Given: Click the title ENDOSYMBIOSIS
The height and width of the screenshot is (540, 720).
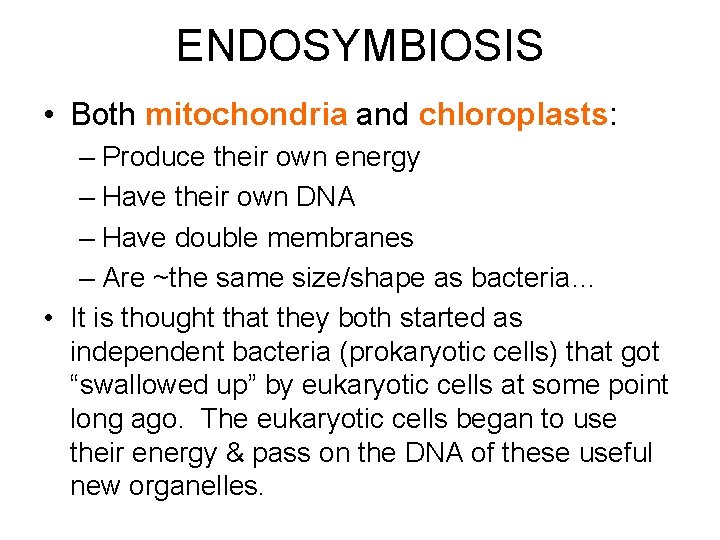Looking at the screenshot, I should pos(360,46).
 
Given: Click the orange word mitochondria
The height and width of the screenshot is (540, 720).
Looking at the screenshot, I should pos(245,115).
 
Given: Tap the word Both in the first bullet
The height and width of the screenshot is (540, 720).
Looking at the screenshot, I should pos(104,115).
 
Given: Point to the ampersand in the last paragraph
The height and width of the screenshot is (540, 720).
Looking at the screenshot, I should pos(234,453).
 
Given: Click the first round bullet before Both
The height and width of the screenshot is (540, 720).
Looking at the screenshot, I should pos(49,115).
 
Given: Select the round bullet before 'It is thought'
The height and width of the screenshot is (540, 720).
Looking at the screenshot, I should pos(49,318).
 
